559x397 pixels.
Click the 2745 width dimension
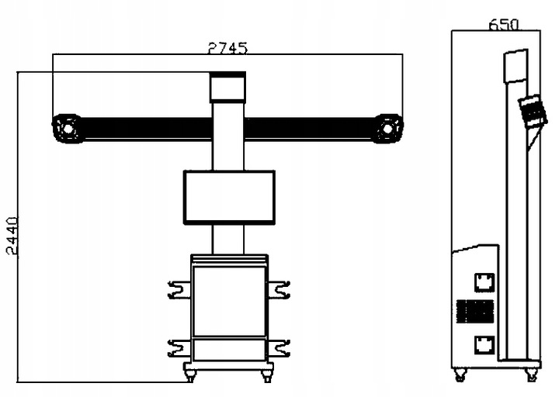tap(227, 47)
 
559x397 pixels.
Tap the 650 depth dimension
tap(503, 24)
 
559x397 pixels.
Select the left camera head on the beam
tap(67, 128)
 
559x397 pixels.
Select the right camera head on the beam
tap(387, 128)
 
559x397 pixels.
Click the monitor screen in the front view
tap(229, 198)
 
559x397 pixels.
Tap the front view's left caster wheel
tap(189, 376)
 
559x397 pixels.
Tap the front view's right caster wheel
tap(267, 376)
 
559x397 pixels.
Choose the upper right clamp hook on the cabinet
tap(279, 290)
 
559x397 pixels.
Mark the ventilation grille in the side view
tap(474, 312)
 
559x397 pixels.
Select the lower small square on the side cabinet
tap(484, 343)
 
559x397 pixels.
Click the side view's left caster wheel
tap(460, 376)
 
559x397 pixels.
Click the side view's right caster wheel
tap(532, 375)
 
